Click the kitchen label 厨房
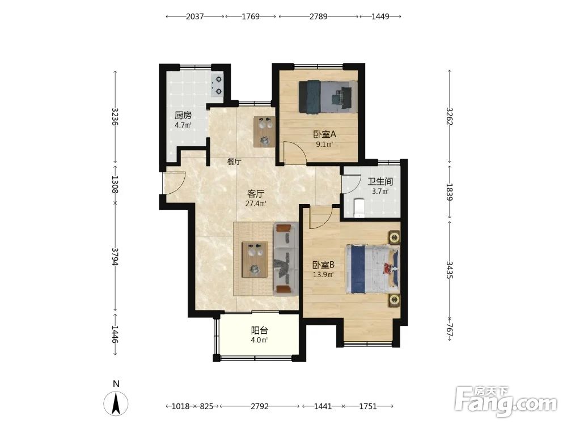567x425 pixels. pyautogui.click(x=183, y=116)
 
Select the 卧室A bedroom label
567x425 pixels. pyautogui.click(x=325, y=134)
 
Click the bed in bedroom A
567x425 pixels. pyautogui.click(x=327, y=97)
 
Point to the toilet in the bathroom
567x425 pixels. pyautogui.click(x=359, y=209)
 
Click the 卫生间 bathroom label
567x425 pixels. pyautogui.click(x=380, y=181)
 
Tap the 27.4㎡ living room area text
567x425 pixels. pyautogui.click(x=256, y=204)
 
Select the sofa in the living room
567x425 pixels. pyautogui.click(x=286, y=259)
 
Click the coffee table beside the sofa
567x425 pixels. pyautogui.click(x=255, y=260)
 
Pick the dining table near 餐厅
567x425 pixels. pyautogui.click(x=264, y=131)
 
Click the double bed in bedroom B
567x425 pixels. pyautogui.click(x=373, y=269)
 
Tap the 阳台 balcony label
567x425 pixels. pyautogui.click(x=260, y=330)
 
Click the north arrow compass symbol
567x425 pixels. pyautogui.click(x=116, y=403)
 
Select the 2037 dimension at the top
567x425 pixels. pyautogui.click(x=195, y=16)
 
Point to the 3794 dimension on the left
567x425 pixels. pyautogui.click(x=115, y=256)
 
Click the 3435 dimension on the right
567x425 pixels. pyautogui.click(x=450, y=270)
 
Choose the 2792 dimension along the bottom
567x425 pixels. pyautogui.click(x=260, y=406)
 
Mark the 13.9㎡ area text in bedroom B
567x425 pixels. pyautogui.click(x=323, y=275)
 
